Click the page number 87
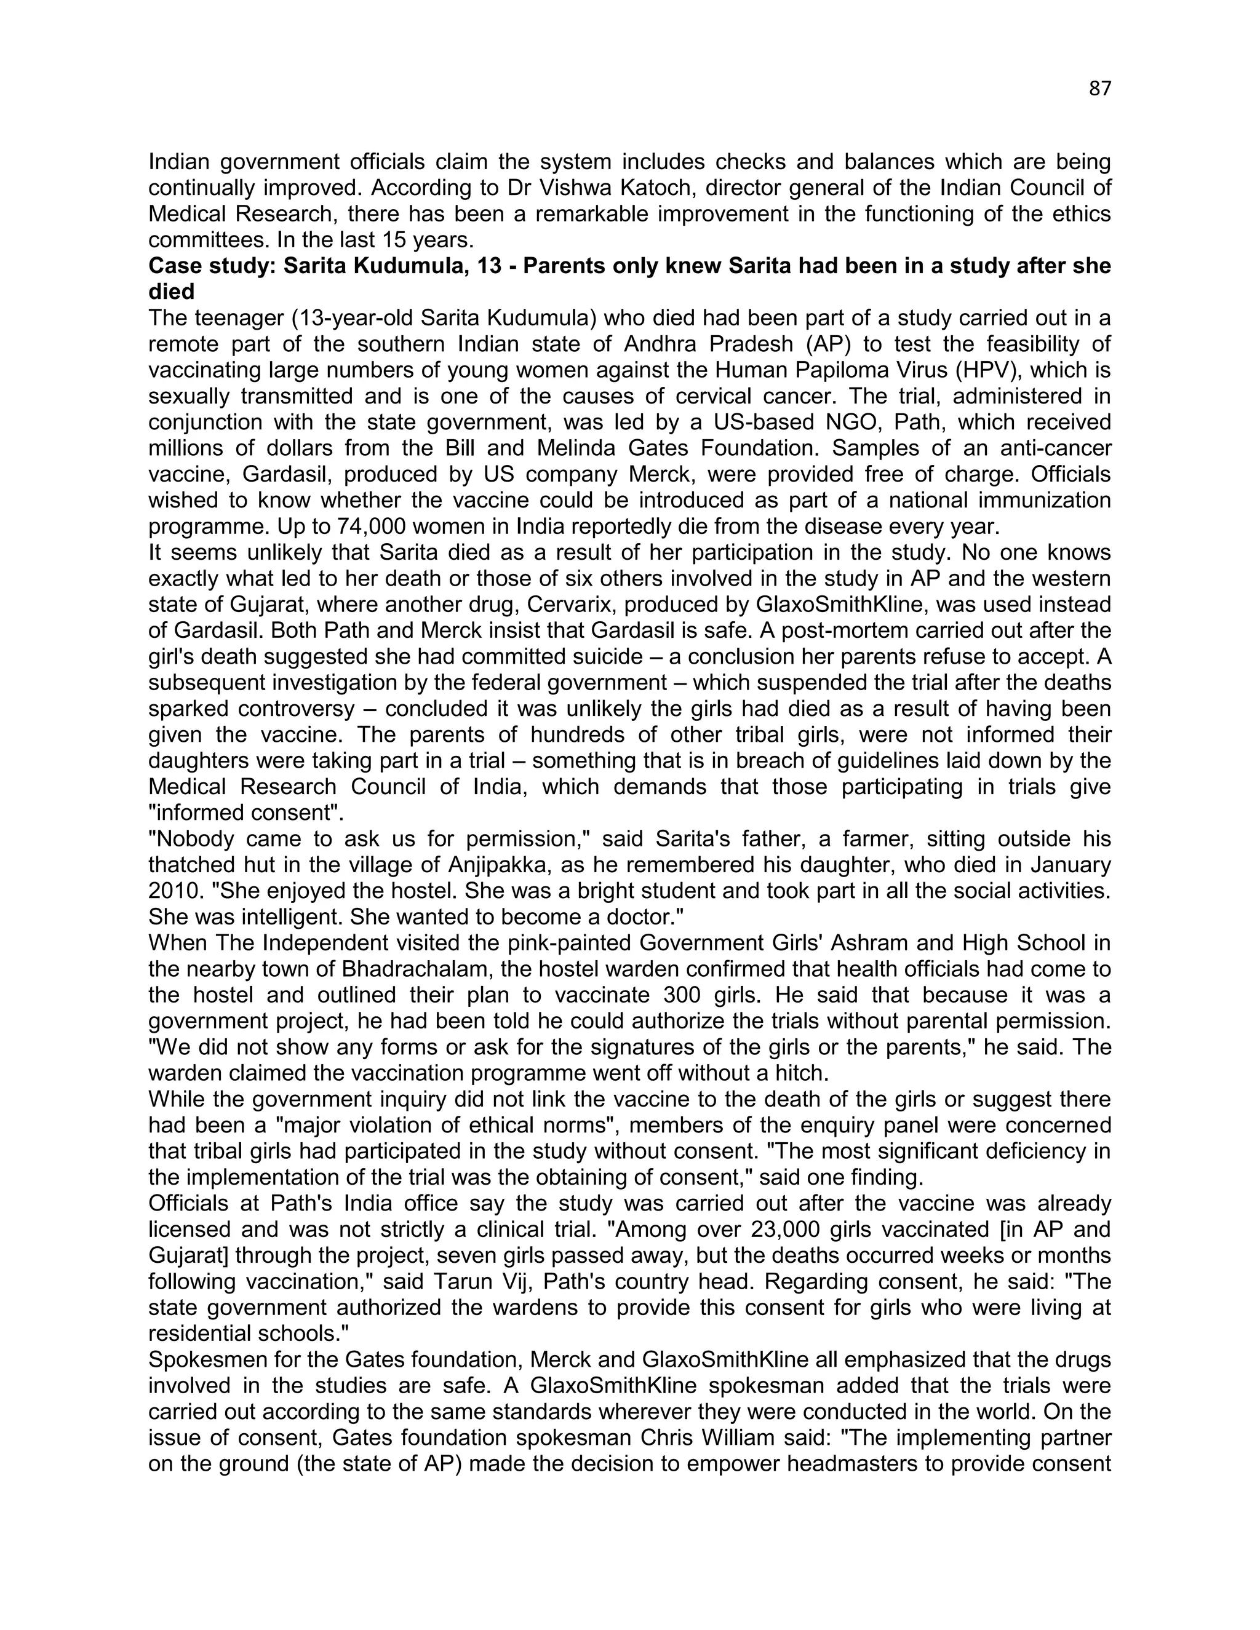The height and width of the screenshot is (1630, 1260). tap(1099, 89)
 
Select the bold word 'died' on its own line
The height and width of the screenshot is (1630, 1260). tap(172, 292)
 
